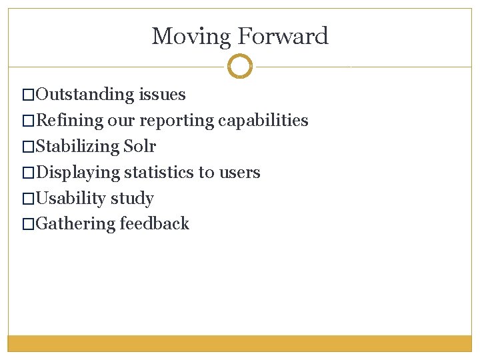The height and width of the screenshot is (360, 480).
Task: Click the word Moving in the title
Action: (x=191, y=36)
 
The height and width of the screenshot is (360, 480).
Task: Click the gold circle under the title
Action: (x=240, y=67)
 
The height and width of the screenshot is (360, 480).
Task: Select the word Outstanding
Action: (x=85, y=95)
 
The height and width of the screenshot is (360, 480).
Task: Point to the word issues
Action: (x=162, y=95)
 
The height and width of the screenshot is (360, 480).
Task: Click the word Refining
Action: (x=69, y=121)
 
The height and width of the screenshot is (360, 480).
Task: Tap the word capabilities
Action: (x=263, y=121)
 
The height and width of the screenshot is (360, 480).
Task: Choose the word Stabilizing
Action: (x=77, y=147)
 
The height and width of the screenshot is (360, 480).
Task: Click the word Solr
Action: (x=140, y=147)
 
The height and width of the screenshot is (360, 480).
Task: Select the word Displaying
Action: (x=78, y=173)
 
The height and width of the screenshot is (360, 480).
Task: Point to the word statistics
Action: (x=159, y=173)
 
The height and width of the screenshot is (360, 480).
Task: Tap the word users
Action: (x=238, y=173)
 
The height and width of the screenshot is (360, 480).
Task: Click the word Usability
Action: (x=71, y=199)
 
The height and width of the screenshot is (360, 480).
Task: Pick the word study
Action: (x=133, y=199)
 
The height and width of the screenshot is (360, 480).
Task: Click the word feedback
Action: (x=155, y=224)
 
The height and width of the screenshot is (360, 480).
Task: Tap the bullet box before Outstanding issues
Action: (x=27, y=95)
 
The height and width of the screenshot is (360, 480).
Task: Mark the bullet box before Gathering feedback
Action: (x=27, y=224)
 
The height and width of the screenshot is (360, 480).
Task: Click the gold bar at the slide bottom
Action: (x=240, y=343)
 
